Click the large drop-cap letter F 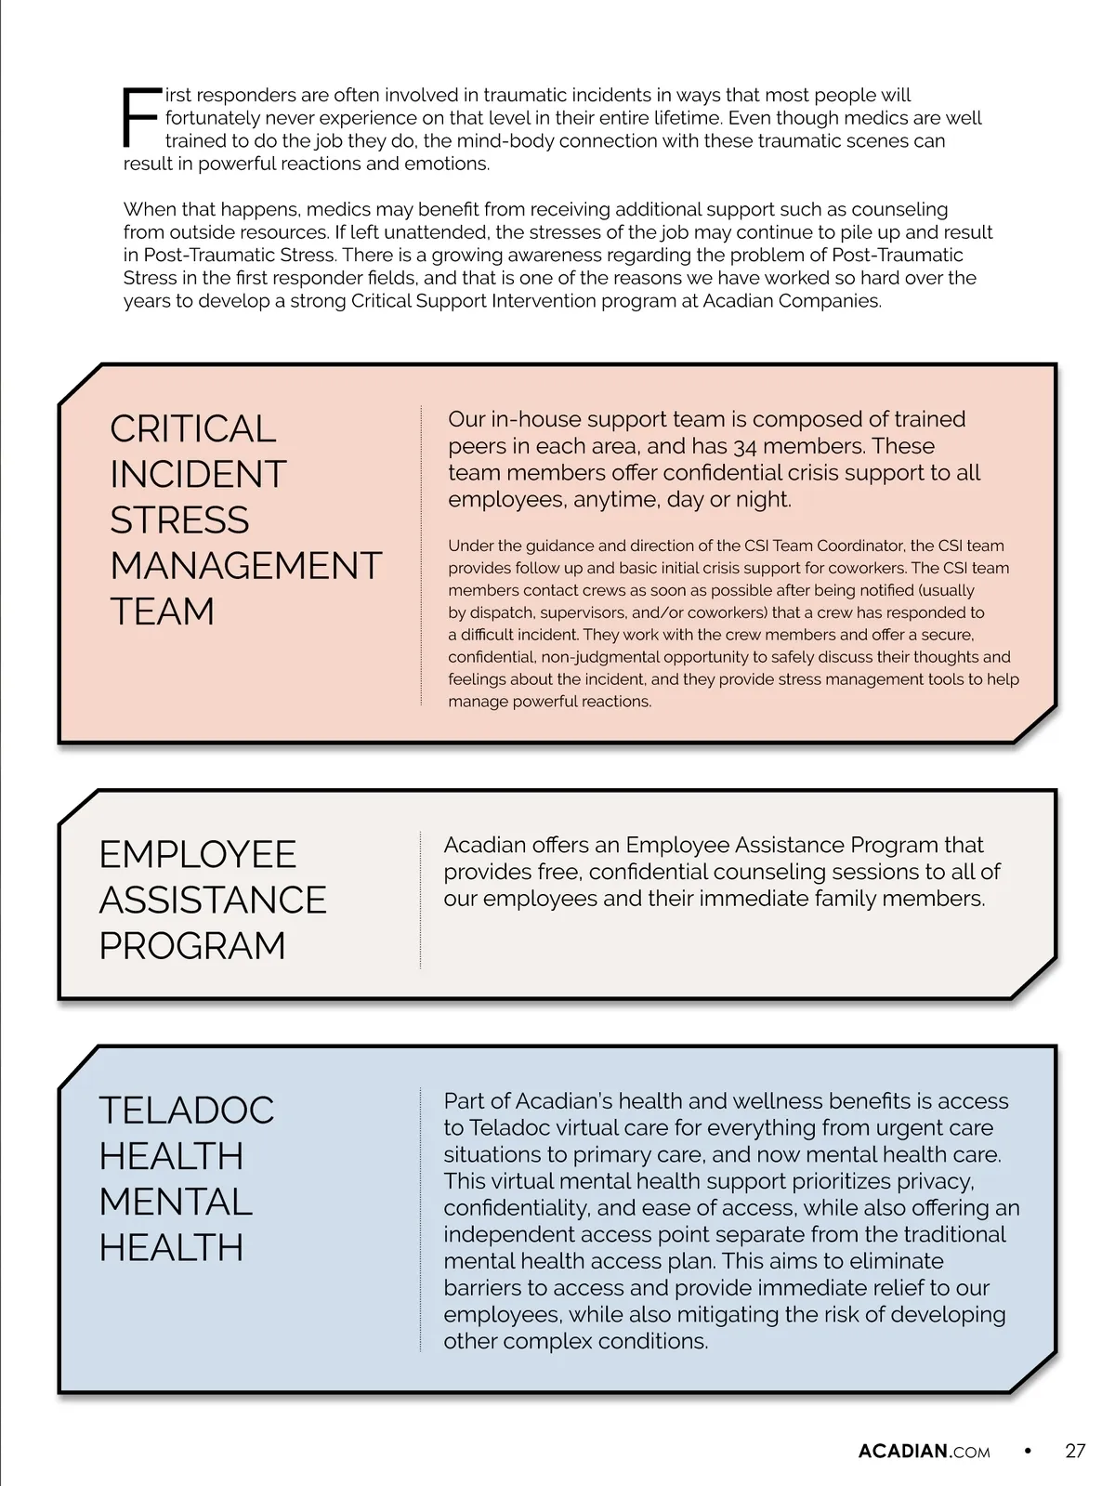(x=141, y=118)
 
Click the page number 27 (x=1075, y=1451)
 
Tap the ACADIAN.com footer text (x=924, y=1452)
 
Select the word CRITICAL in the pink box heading (x=192, y=428)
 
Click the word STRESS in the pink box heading (x=179, y=519)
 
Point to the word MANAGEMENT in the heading (x=245, y=565)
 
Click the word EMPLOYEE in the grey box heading (x=197, y=854)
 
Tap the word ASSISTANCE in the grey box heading (x=213, y=900)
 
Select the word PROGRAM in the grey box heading (x=192, y=945)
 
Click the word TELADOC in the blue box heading (x=187, y=1110)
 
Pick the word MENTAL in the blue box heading (x=176, y=1202)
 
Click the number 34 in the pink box (x=745, y=447)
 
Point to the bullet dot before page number (x=1028, y=1451)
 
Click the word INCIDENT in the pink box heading (x=198, y=474)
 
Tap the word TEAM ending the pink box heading (x=162, y=611)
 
